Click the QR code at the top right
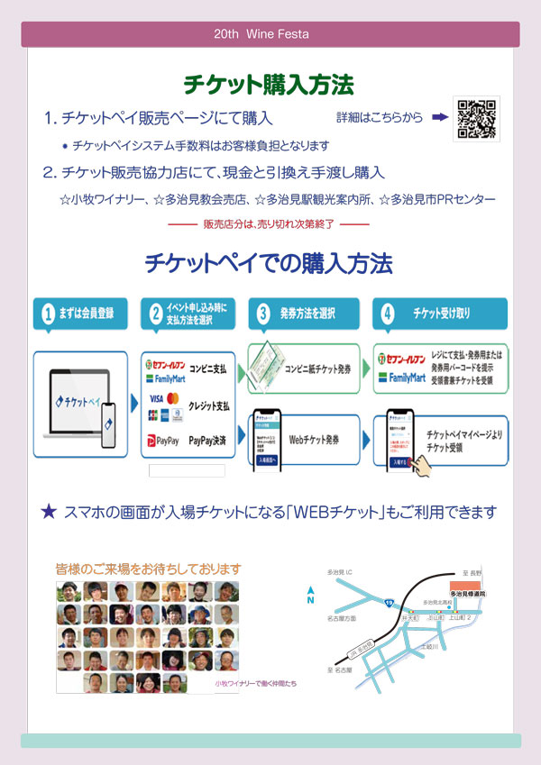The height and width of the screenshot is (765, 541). tap(476, 118)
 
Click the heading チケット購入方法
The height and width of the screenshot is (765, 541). tap(269, 85)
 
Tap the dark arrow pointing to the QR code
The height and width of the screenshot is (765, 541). tap(439, 117)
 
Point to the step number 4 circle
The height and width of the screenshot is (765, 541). tap(388, 314)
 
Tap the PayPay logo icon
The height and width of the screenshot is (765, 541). tap(162, 441)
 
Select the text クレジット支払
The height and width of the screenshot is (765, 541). tap(209, 405)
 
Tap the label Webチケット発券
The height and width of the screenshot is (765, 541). tap(314, 439)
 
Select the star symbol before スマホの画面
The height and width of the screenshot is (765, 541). tap(49, 512)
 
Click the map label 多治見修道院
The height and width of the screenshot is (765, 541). tap(468, 595)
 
